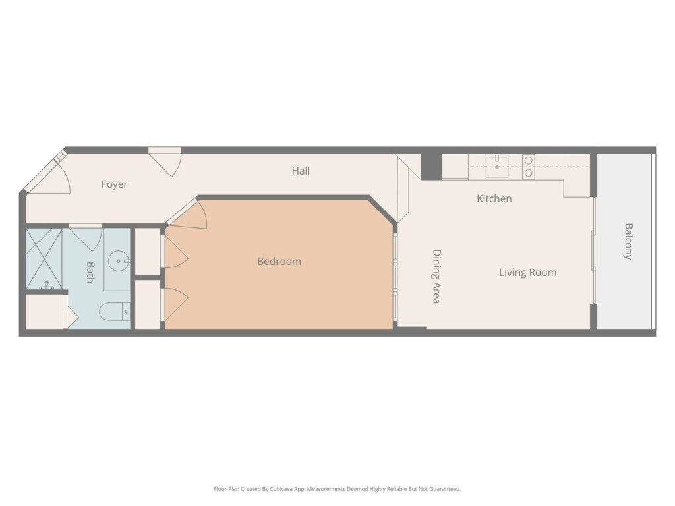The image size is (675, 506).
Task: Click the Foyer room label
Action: [114, 184]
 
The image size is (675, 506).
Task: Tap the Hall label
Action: [301, 171]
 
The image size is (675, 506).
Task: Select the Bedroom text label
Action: [279, 261]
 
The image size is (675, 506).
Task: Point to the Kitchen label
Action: [494, 198]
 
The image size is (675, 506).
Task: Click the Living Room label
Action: [528, 272]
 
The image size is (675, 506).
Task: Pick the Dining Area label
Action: [436, 277]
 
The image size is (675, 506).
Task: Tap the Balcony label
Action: [628, 241]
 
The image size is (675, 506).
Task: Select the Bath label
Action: [90, 272]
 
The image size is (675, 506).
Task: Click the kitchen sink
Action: [497, 166]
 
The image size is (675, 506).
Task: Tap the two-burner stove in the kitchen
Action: [529, 167]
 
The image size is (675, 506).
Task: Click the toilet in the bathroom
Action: [115, 312]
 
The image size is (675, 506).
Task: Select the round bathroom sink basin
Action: [117, 261]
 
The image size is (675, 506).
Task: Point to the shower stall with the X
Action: [44, 260]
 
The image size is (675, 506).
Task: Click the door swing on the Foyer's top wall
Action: [165, 162]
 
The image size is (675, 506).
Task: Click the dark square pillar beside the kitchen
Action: [431, 165]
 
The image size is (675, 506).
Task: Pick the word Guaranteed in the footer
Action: [447, 489]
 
